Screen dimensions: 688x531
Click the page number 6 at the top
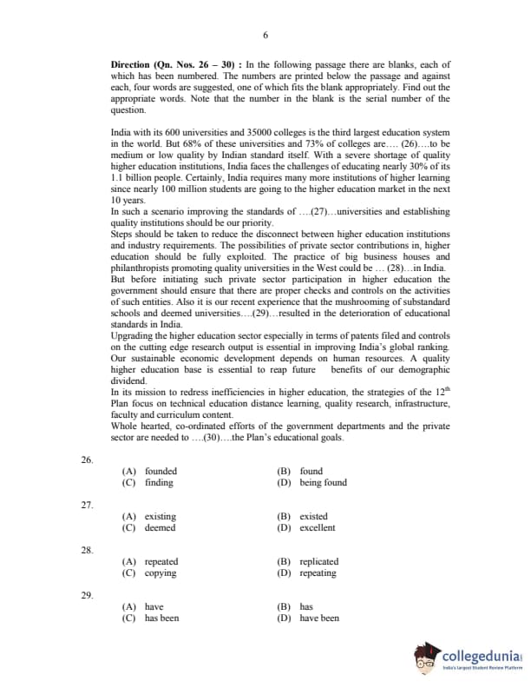click(265, 35)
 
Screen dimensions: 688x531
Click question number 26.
click(87, 459)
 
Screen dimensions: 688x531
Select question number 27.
click(87, 504)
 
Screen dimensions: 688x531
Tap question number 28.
click(87, 550)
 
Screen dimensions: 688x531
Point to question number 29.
click(87, 595)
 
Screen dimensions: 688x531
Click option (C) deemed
click(148, 528)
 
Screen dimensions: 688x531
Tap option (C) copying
click(149, 573)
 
